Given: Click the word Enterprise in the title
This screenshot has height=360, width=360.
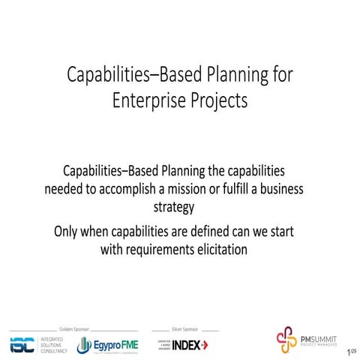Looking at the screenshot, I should click(x=151, y=100).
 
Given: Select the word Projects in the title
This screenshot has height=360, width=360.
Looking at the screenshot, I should click(x=220, y=100).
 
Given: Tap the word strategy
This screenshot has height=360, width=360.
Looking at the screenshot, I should click(x=179, y=205).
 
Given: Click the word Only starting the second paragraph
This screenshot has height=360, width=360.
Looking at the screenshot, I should click(x=68, y=231).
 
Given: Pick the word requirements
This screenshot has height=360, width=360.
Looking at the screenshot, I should click(x=161, y=249).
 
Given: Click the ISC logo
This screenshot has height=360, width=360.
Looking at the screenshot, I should click(x=22, y=343).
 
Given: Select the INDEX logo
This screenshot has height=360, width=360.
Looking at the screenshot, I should click(x=191, y=344).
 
